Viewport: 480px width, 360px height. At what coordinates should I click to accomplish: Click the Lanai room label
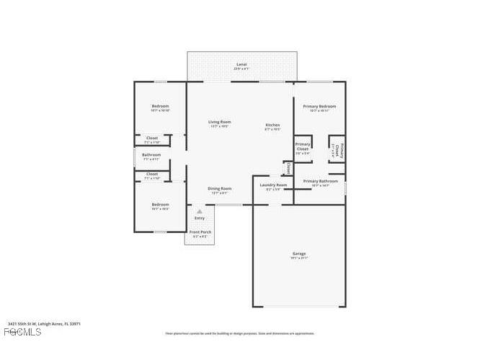click(241, 65)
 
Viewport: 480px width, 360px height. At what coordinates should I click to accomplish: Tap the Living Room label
click(219, 122)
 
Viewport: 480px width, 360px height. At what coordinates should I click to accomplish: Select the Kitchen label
click(272, 125)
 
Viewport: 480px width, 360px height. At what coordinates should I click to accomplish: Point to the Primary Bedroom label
click(319, 106)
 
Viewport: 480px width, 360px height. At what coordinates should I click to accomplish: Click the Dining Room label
click(220, 188)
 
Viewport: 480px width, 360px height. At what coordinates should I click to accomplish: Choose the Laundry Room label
click(273, 185)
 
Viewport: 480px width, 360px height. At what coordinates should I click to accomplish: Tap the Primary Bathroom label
click(320, 181)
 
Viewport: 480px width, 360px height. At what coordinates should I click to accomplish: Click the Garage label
click(298, 253)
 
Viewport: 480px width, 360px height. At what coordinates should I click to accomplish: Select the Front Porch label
click(199, 232)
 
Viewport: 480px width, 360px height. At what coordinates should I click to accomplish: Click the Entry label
click(199, 218)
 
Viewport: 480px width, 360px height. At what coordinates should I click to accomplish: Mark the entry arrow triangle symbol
click(199, 211)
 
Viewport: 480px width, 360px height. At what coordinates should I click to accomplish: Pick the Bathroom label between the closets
click(151, 154)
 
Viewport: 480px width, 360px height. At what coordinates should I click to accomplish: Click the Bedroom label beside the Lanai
click(160, 106)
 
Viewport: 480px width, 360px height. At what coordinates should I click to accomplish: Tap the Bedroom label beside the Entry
click(160, 204)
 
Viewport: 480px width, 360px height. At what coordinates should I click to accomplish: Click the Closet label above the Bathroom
click(152, 138)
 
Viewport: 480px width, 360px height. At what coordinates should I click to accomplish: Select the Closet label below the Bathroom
click(152, 174)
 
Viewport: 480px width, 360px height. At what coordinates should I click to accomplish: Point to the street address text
click(44, 324)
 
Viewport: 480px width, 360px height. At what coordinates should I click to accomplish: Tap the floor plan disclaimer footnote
click(240, 333)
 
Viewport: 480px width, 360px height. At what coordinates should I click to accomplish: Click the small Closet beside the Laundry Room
click(288, 167)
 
